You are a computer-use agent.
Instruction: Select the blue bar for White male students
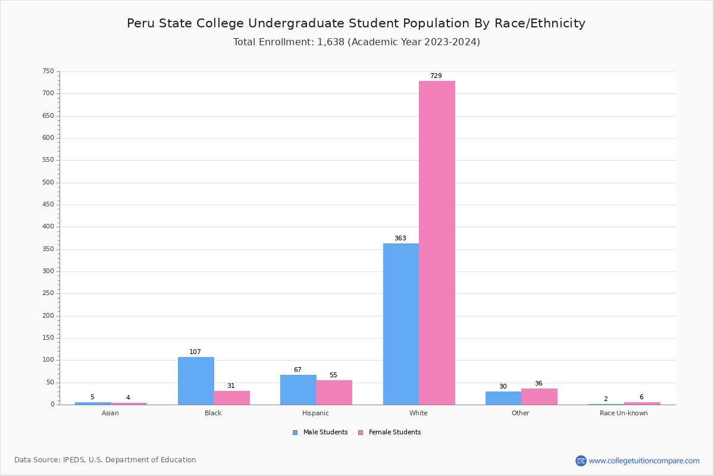point(401,324)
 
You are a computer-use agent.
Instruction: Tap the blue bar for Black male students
point(196,381)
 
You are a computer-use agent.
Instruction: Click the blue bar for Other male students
point(503,398)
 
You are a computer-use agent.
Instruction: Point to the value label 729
point(436,76)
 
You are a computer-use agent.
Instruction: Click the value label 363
point(400,239)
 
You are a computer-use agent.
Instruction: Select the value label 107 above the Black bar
point(195,352)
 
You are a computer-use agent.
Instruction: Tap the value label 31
point(231,386)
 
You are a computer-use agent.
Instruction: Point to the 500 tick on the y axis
point(48,183)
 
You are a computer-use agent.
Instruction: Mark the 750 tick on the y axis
point(48,71)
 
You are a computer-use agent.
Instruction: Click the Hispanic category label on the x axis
point(315,413)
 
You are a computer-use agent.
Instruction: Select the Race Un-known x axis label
point(624,413)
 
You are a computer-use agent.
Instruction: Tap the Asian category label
point(110,413)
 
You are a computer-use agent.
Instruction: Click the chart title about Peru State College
point(356,23)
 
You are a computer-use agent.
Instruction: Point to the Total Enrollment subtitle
point(356,42)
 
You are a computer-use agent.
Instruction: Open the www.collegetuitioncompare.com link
point(644,461)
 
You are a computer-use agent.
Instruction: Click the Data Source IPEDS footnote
point(105,460)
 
